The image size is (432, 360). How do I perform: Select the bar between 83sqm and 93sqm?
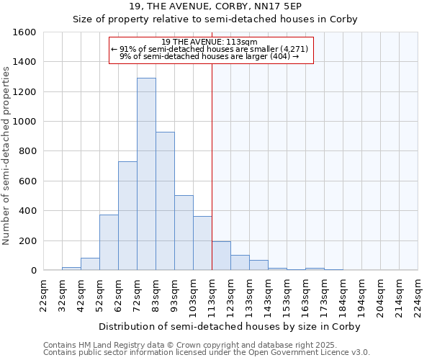click(165, 201)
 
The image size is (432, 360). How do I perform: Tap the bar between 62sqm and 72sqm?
click(127, 216)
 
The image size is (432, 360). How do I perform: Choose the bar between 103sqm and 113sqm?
click(202, 243)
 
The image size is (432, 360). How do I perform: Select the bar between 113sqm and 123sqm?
click(221, 256)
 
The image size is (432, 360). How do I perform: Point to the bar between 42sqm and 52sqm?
click(90, 264)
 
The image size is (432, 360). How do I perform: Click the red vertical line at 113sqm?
click(212, 166)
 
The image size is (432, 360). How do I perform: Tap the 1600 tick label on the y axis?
click(24, 32)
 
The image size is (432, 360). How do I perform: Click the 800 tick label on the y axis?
click(27, 151)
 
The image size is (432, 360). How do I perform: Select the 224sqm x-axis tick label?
click(418, 296)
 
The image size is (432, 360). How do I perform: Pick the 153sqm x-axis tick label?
click(287, 296)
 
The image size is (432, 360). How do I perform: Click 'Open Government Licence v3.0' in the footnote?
click(310, 353)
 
